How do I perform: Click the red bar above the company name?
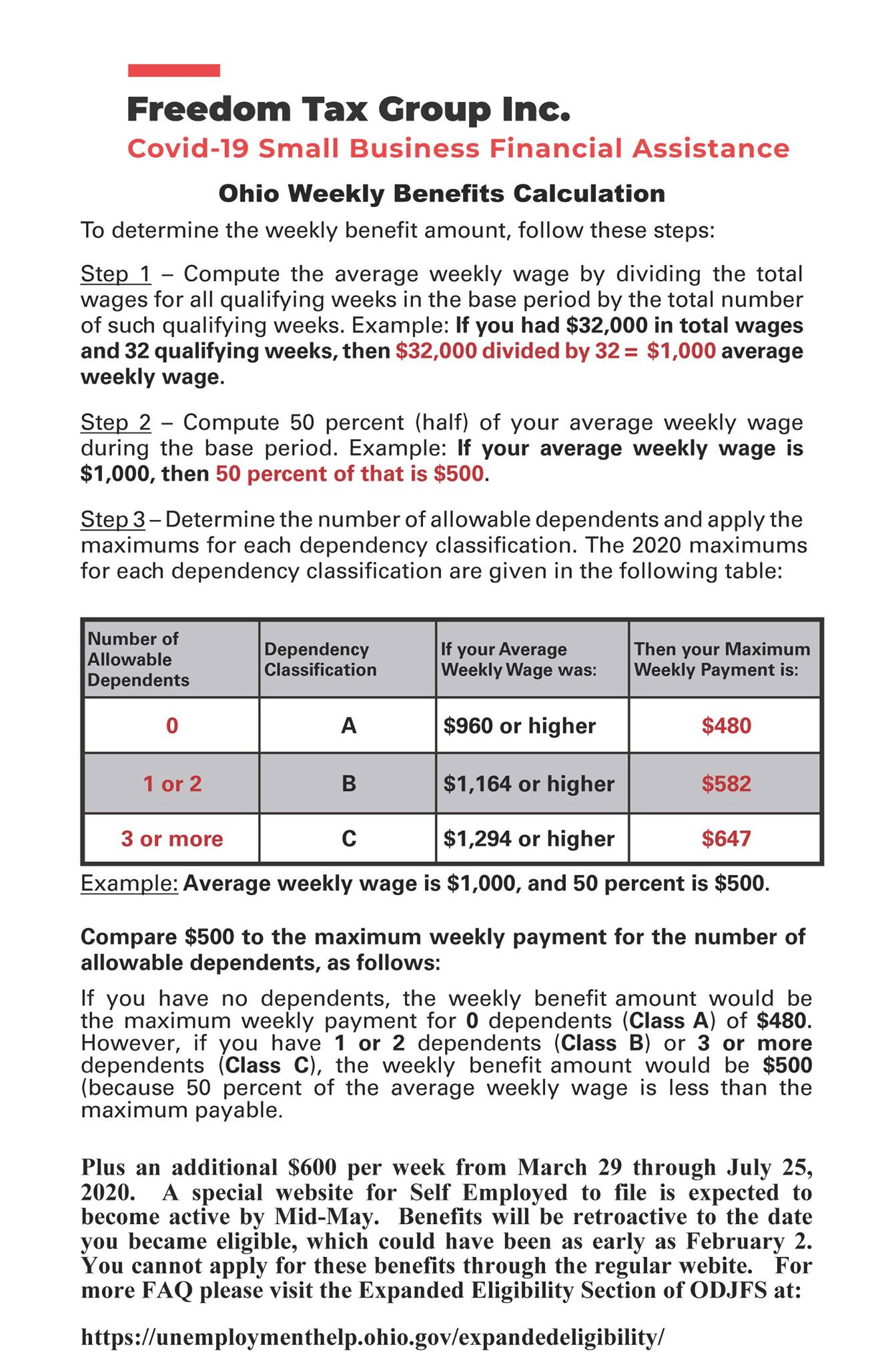173,70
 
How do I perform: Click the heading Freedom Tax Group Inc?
348,109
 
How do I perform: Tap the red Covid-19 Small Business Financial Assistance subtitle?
458,148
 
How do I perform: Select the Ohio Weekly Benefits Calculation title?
442,194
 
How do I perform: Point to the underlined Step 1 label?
115,274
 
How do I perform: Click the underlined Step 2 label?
115,423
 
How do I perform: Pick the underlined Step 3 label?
113,519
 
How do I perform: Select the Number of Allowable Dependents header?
138,659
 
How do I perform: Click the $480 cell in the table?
726,726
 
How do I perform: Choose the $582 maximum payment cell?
726,784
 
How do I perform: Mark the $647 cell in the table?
726,839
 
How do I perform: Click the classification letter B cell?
348,784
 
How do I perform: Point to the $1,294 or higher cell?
529,839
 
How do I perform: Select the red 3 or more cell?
172,839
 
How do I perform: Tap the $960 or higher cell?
520,726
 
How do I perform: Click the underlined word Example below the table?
129,884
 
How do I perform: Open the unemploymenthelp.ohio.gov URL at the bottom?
373,1337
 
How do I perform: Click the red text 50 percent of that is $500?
349,474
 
